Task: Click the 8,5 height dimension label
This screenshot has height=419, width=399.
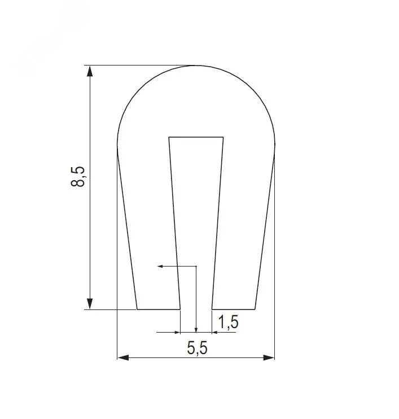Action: point(77,176)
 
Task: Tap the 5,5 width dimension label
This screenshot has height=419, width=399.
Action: point(197,348)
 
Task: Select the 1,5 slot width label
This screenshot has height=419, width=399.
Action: point(228,322)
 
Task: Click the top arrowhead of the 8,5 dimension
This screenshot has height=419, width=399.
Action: point(90,71)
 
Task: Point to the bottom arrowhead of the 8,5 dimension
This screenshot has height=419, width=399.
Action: point(90,304)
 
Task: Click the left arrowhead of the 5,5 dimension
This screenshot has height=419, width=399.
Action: point(123,357)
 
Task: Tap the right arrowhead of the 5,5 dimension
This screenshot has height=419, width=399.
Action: point(269,357)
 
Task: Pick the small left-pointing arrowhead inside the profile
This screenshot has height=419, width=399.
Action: point(160,266)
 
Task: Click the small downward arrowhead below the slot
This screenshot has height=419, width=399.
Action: point(196,330)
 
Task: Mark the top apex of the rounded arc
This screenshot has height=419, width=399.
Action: point(196,66)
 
